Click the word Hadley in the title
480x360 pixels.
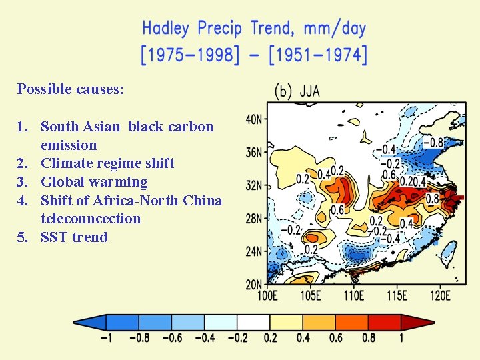pos(165,29)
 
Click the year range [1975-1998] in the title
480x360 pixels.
pos(190,55)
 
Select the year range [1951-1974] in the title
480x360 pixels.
pos(318,55)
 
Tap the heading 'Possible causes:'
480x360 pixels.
pos(71,89)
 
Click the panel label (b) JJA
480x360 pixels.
pos(297,91)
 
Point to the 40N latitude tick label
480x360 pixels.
pos(255,119)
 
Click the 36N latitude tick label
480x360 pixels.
pos(255,153)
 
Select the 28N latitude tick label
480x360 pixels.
pos(255,219)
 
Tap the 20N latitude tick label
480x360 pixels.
pos(255,285)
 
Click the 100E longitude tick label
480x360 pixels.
pos(268,295)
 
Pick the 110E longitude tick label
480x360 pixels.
pos(354,295)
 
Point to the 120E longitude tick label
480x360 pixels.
pos(439,295)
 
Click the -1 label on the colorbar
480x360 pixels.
pos(106,338)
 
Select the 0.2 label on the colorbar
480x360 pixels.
pos(270,338)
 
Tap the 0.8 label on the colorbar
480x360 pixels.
pos(369,338)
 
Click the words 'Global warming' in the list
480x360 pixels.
pos(94,182)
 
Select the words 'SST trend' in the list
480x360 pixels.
pos(74,237)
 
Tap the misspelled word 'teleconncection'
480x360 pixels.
pos(91,219)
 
